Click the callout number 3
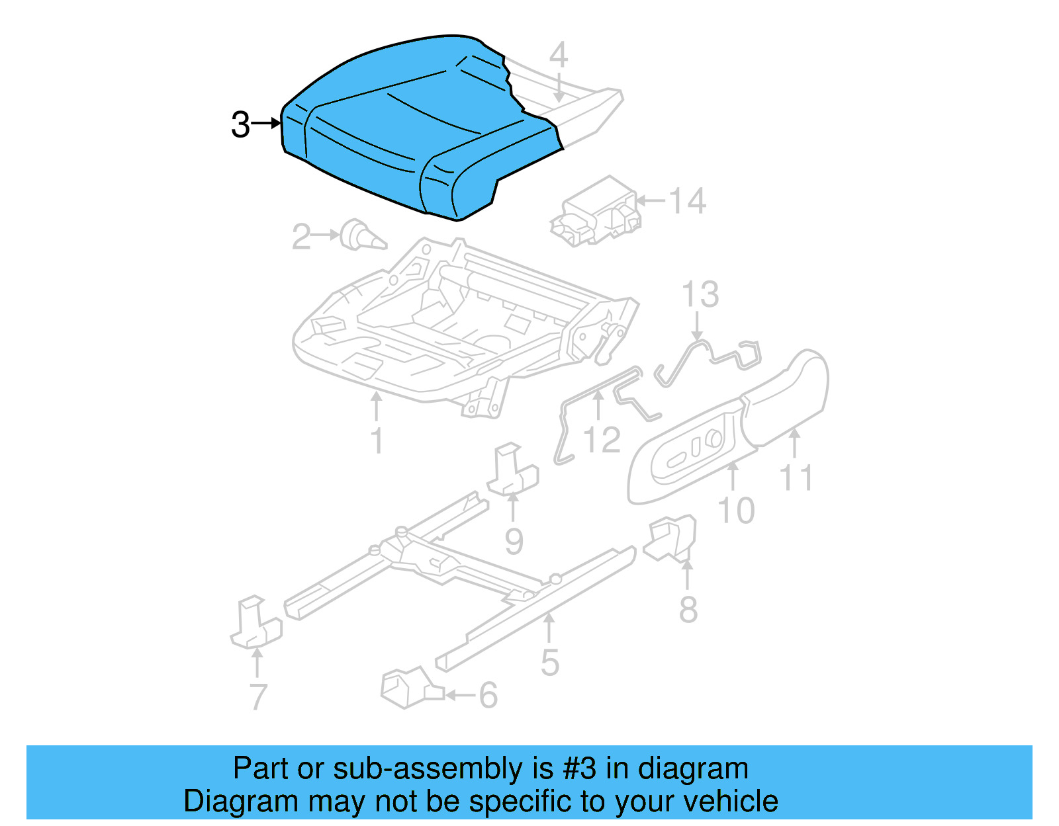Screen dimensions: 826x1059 pyautogui.click(x=240, y=124)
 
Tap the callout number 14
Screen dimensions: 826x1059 pyautogui.click(x=687, y=201)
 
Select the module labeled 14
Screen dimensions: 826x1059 pyautogui.click(x=596, y=212)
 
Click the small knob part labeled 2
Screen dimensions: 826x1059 pyautogui.click(x=361, y=236)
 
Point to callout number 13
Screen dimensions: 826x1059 pyautogui.click(x=700, y=295)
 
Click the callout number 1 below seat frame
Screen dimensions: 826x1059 pyautogui.click(x=377, y=441)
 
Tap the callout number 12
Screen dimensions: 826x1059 pyautogui.click(x=602, y=440)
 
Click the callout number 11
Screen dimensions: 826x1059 pyautogui.click(x=796, y=477)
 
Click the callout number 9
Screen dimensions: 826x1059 pyautogui.click(x=514, y=541)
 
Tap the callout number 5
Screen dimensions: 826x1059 pyautogui.click(x=549, y=663)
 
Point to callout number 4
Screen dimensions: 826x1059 pyautogui.click(x=559, y=54)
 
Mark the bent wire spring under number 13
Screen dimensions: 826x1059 pyautogui.click(x=708, y=357)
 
